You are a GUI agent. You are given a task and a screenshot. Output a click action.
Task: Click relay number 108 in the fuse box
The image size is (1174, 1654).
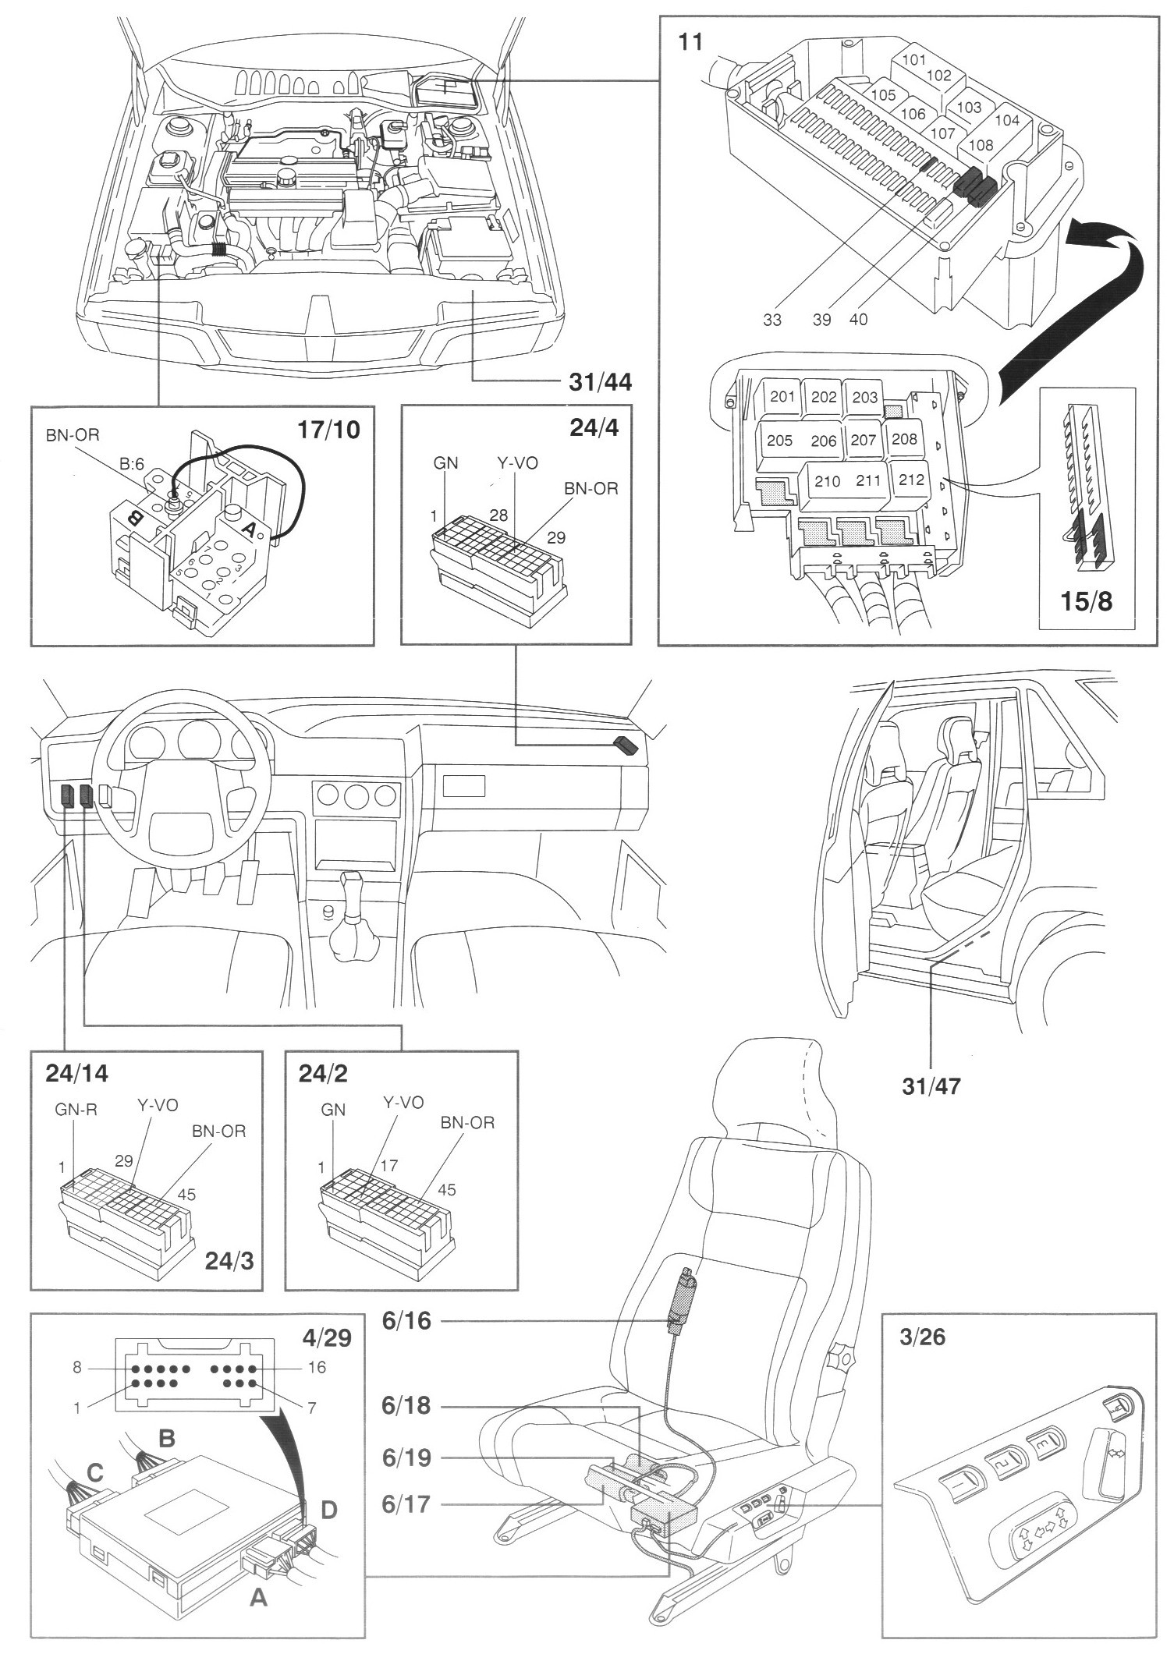point(981,146)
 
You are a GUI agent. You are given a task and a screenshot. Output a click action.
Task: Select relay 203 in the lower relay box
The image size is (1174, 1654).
point(864,397)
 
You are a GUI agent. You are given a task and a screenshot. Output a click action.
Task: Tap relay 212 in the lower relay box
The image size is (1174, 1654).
point(910,480)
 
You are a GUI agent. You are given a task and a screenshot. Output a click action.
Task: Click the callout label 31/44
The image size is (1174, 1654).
point(598,382)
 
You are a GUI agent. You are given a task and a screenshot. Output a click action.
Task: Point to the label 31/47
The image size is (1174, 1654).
point(931,1085)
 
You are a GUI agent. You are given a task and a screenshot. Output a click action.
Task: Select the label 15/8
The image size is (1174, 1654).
point(1087,602)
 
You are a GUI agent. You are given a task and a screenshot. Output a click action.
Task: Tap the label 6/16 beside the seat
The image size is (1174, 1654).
point(406,1321)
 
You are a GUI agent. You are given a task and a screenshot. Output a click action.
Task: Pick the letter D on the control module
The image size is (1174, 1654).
point(328,1511)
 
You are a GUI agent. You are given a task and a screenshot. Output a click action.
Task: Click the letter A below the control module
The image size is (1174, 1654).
point(257,1599)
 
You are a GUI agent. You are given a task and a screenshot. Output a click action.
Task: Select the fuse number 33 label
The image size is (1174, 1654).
point(772,320)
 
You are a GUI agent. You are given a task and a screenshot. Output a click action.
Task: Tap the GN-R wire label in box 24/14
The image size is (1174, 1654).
point(76,1110)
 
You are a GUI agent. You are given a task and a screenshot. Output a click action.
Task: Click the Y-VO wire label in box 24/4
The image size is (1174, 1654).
point(518,463)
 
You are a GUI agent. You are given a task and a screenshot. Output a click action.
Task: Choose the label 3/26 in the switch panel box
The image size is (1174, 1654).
point(921,1337)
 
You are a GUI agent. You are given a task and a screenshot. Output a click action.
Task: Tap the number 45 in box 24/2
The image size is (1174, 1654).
point(447,1190)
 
